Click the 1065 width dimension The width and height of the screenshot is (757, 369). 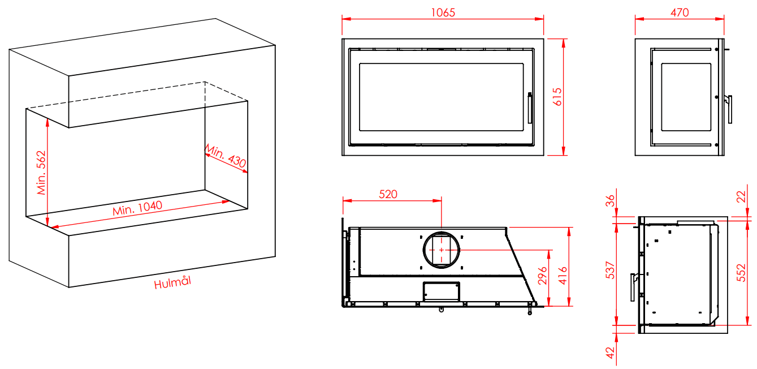click(x=443, y=12)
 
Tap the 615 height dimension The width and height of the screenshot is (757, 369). click(x=557, y=97)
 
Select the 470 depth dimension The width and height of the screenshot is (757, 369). click(x=680, y=12)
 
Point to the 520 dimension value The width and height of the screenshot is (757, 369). click(x=388, y=194)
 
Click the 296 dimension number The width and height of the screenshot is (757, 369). click(x=542, y=276)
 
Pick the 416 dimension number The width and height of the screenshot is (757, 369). click(x=563, y=276)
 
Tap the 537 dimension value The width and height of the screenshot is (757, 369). click(x=610, y=270)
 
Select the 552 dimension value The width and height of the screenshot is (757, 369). click(x=741, y=273)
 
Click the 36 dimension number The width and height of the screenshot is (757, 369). click(x=610, y=201)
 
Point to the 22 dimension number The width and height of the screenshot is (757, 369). click(x=741, y=197)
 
